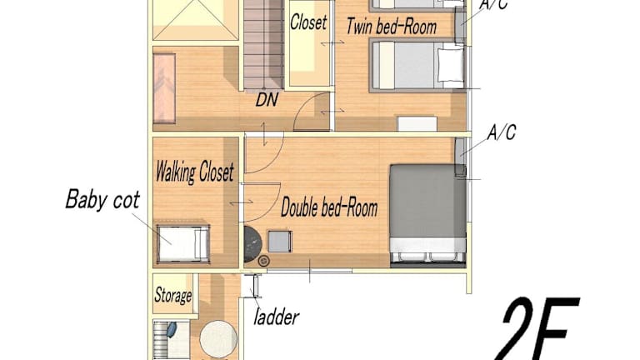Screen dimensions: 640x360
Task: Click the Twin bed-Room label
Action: pyautogui.click(x=392, y=27)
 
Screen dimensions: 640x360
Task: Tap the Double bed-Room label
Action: pyautogui.click(x=329, y=207)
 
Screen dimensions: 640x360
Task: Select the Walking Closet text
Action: pyautogui.click(x=195, y=172)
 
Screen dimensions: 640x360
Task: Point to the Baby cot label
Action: pyautogui.click(x=102, y=200)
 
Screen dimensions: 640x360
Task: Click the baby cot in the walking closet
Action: pyautogui.click(x=183, y=243)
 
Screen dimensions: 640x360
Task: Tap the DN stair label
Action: pyautogui.click(x=267, y=100)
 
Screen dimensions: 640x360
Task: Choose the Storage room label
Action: pyautogui.click(x=173, y=295)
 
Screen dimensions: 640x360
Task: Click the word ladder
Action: pyautogui.click(x=276, y=317)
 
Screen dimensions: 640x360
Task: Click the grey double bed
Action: pyautogui.click(x=427, y=213)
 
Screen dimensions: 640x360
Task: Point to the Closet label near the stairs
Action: pyautogui.click(x=308, y=22)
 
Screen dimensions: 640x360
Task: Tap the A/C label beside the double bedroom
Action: pyautogui.click(x=502, y=132)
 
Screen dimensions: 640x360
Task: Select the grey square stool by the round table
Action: pyautogui.click(x=280, y=241)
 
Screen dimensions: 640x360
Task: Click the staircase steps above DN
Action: pyautogui.click(x=263, y=44)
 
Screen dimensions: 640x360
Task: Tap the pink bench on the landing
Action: pyautogui.click(x=164, y=88)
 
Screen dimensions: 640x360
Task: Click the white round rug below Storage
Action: pyautogui.click(x=218, y=339)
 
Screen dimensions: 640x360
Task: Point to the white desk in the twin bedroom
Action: pyautogui.click(x=417, y=123)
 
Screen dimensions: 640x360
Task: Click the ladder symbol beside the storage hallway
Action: pyautogui.click(x=257, y=286)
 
